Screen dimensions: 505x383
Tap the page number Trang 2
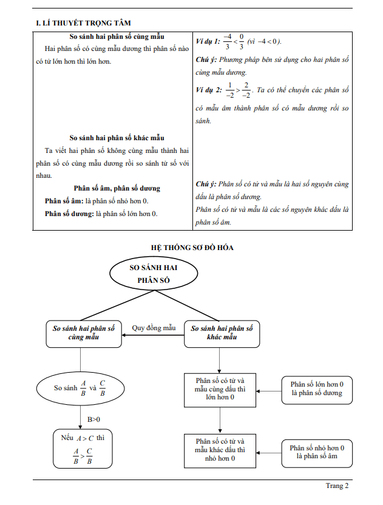click(337, 486)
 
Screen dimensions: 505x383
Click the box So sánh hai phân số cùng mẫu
click(84, 333)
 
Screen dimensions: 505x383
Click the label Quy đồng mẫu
click(154, 328)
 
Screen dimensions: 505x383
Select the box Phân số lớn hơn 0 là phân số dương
click(316, 389)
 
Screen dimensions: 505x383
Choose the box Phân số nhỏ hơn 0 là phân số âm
click(316, 452)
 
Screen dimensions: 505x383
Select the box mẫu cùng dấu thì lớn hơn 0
click(220, 390)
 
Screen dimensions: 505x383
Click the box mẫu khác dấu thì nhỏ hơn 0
click(220, 450)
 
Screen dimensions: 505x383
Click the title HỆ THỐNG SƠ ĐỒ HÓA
click(192, 248)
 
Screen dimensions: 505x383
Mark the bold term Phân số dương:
click(69, 214)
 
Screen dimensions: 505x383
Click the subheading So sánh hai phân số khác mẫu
click(117, 138)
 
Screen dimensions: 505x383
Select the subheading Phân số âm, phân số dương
click(117, 188)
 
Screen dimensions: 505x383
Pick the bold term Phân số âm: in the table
click(64, 201)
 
